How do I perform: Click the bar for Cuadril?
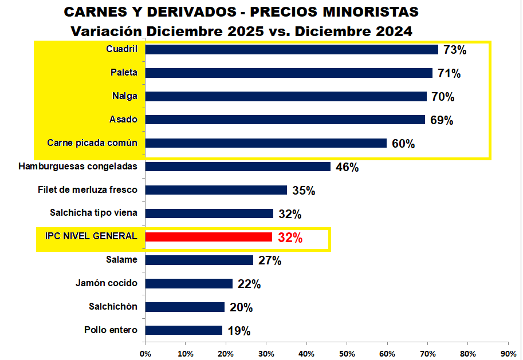click(292, 49)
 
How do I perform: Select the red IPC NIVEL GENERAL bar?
click(209, 237)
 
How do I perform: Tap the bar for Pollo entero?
click(184, 330)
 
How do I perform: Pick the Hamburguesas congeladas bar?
click(238, 167)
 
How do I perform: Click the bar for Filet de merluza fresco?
click(216, 190)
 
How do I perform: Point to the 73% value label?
click(455, 50)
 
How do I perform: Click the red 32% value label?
click(290, 238)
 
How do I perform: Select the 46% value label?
click(347, 168)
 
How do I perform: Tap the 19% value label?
click(239, 331)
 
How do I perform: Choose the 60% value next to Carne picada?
click(403, 144)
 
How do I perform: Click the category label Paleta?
click(124, 73)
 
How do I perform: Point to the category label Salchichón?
click(113, 306)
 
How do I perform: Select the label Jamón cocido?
click(106, 283)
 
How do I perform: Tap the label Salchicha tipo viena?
click(93, 213)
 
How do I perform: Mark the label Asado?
click(123, 120)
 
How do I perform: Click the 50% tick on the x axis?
click(347, 353)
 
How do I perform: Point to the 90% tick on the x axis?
click(508, 353)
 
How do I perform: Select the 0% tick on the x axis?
click(145, 353)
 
